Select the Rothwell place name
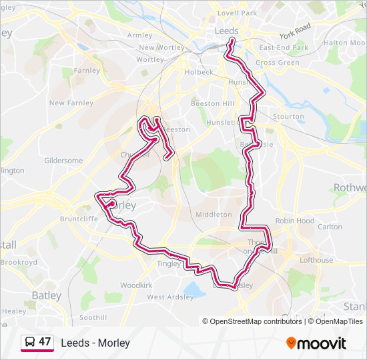coord(350,188)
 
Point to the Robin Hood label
coord(295,221)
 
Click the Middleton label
coord(214,215)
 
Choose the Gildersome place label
coord(63,161)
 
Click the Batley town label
coord(46,295)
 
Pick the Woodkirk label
coord(137,285)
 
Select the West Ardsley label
coord(169,297)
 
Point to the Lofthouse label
coord(316,260)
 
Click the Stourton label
coord(288,116)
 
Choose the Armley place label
coord(139,35)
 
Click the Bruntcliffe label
coord(79,218)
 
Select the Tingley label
coord(168,263)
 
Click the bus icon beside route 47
coord(29,343)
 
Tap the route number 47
coord(45,342)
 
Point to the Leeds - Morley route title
coord(95,343)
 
